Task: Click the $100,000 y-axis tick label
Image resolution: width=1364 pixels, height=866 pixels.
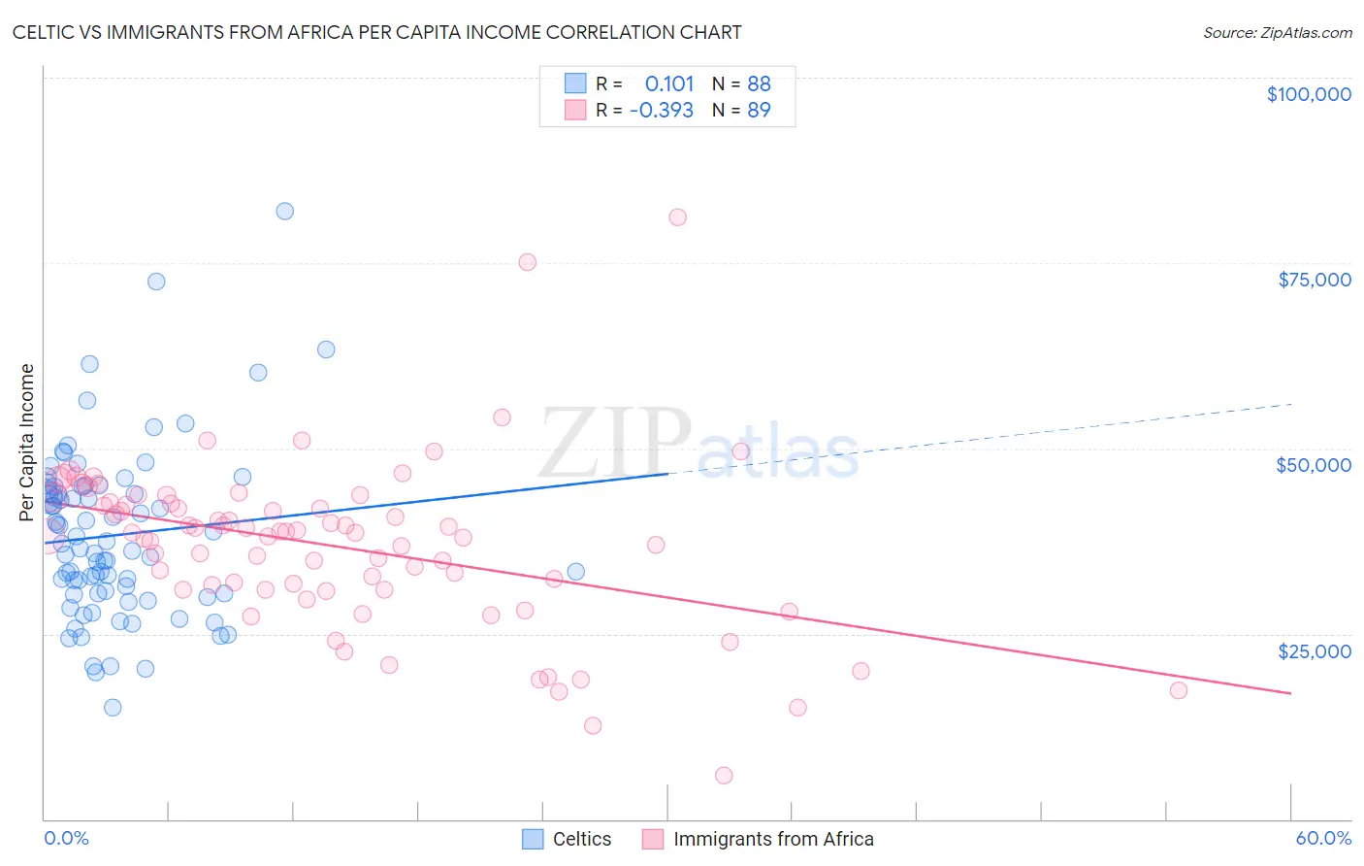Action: [x=1308, y=94]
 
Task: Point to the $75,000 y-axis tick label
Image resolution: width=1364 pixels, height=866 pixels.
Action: [x=1314, y=280]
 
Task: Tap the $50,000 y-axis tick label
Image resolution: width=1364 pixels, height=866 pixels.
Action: [x=1313, y=465]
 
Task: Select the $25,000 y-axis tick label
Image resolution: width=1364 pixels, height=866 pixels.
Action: [x=1314, y=650]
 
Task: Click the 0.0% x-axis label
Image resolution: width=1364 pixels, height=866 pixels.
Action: [x=66, y=838]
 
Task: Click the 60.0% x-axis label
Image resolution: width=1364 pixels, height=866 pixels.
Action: [x=1322, y=838]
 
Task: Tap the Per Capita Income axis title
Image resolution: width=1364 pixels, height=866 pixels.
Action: [x=27, y=442]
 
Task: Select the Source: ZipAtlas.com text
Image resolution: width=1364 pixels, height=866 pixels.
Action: [x=1277, y=32]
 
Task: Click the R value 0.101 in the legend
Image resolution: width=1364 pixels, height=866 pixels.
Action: [x=669, y=83]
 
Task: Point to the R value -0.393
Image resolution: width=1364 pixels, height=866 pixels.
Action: [x=662, y=110]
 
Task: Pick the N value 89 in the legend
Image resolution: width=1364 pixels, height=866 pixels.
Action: [x=759, y=110]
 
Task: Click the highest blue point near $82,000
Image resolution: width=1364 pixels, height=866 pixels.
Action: [x=284, y=211]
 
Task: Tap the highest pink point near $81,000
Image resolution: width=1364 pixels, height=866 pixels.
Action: [x=677, y=217]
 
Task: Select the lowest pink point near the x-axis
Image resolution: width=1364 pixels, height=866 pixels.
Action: [x=723, y=775]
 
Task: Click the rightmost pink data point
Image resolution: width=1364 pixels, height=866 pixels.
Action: [x=1178, y=690]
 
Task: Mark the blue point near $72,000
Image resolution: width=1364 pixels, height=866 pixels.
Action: [x=155, y=282]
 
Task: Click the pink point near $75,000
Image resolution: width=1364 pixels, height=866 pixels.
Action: [x=527, y=262]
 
